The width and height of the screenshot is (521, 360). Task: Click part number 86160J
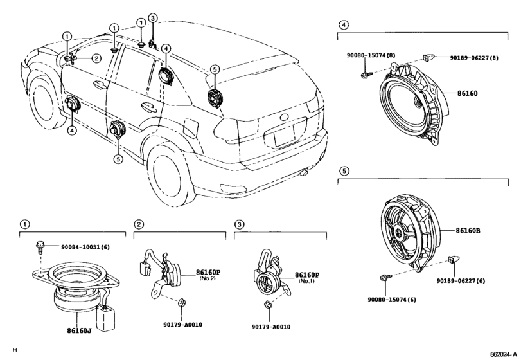click(79, 330)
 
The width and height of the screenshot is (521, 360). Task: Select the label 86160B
click(468, 230)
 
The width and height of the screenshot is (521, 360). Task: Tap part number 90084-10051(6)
click(85, 247)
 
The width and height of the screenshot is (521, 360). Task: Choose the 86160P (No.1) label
click(307, 278)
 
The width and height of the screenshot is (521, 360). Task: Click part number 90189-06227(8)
click(474, 58)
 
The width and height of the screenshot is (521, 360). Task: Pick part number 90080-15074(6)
click(392, 300)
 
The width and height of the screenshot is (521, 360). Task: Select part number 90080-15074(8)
click(371, 55)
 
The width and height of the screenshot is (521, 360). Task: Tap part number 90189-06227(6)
click(461, 281)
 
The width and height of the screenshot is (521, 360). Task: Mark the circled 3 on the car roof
click(152, 18)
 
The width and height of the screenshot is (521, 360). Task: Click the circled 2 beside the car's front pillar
click(96, 59)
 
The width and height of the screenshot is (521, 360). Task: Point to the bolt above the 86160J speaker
click(39, 247)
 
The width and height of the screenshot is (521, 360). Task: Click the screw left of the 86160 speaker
click(365, 74)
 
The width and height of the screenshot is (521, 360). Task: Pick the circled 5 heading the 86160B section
click(344, 171)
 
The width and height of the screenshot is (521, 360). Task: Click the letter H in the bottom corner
click(14, 350)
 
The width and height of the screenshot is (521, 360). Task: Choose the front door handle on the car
click(98, 85)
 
